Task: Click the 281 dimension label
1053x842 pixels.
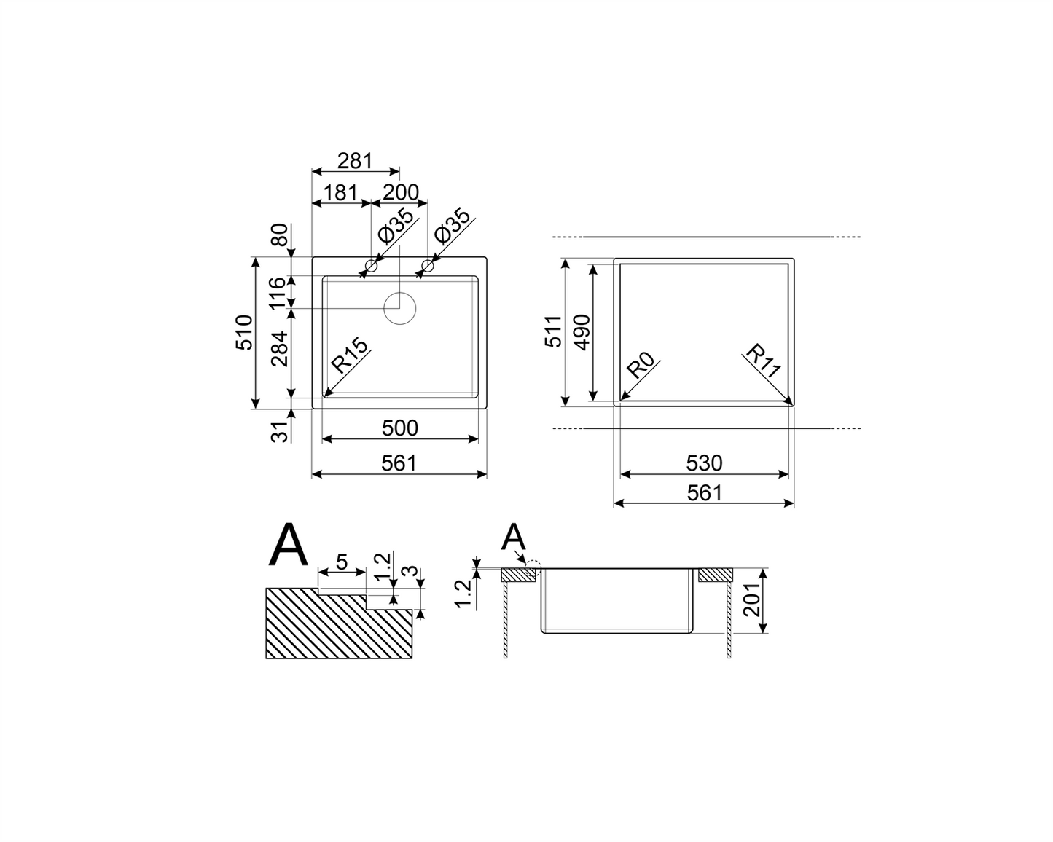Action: click(x=355, y=160)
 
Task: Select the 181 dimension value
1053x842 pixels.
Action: click(x=340, y=193)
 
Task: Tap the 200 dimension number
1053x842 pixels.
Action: click(x=401, y=193)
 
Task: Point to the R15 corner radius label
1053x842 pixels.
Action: click(x=349, y=355)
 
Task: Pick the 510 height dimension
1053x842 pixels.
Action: click(x=245, y=333)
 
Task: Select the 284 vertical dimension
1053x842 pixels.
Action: click(x=279, y=349)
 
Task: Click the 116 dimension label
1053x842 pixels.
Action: click(x=277, y=292)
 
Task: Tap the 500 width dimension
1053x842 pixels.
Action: click(x=400, y=428)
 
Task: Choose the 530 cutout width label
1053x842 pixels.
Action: click(x=704, y=463)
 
